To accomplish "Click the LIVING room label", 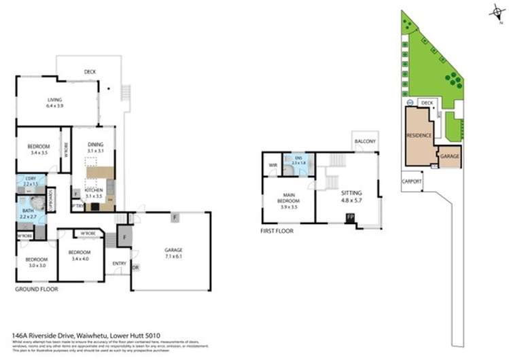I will [54, 100].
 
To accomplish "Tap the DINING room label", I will [95, 144].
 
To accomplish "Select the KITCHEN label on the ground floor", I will [94, 190].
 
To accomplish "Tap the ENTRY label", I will [120, 264].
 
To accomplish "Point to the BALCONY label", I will [364, 141].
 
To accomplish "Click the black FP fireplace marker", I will [350, 217].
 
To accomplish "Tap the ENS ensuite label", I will [296, 157].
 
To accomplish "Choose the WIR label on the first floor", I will [273, 164].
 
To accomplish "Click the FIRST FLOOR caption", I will [277, 231].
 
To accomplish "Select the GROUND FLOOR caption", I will [36, 289].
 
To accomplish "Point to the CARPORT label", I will [412, 181].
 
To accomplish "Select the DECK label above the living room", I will [90, 71].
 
